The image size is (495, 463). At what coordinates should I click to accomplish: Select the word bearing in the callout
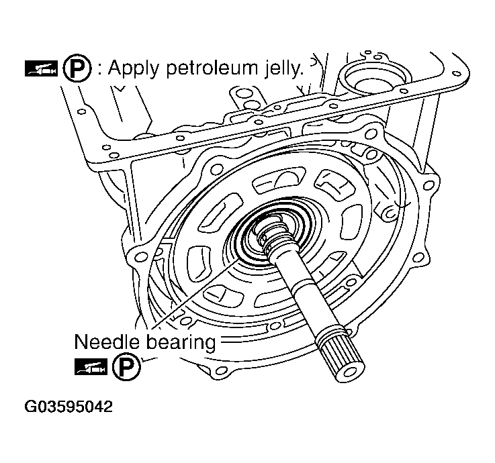tap(181, 343)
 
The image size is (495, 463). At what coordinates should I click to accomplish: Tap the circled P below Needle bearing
tap(122, 368)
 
